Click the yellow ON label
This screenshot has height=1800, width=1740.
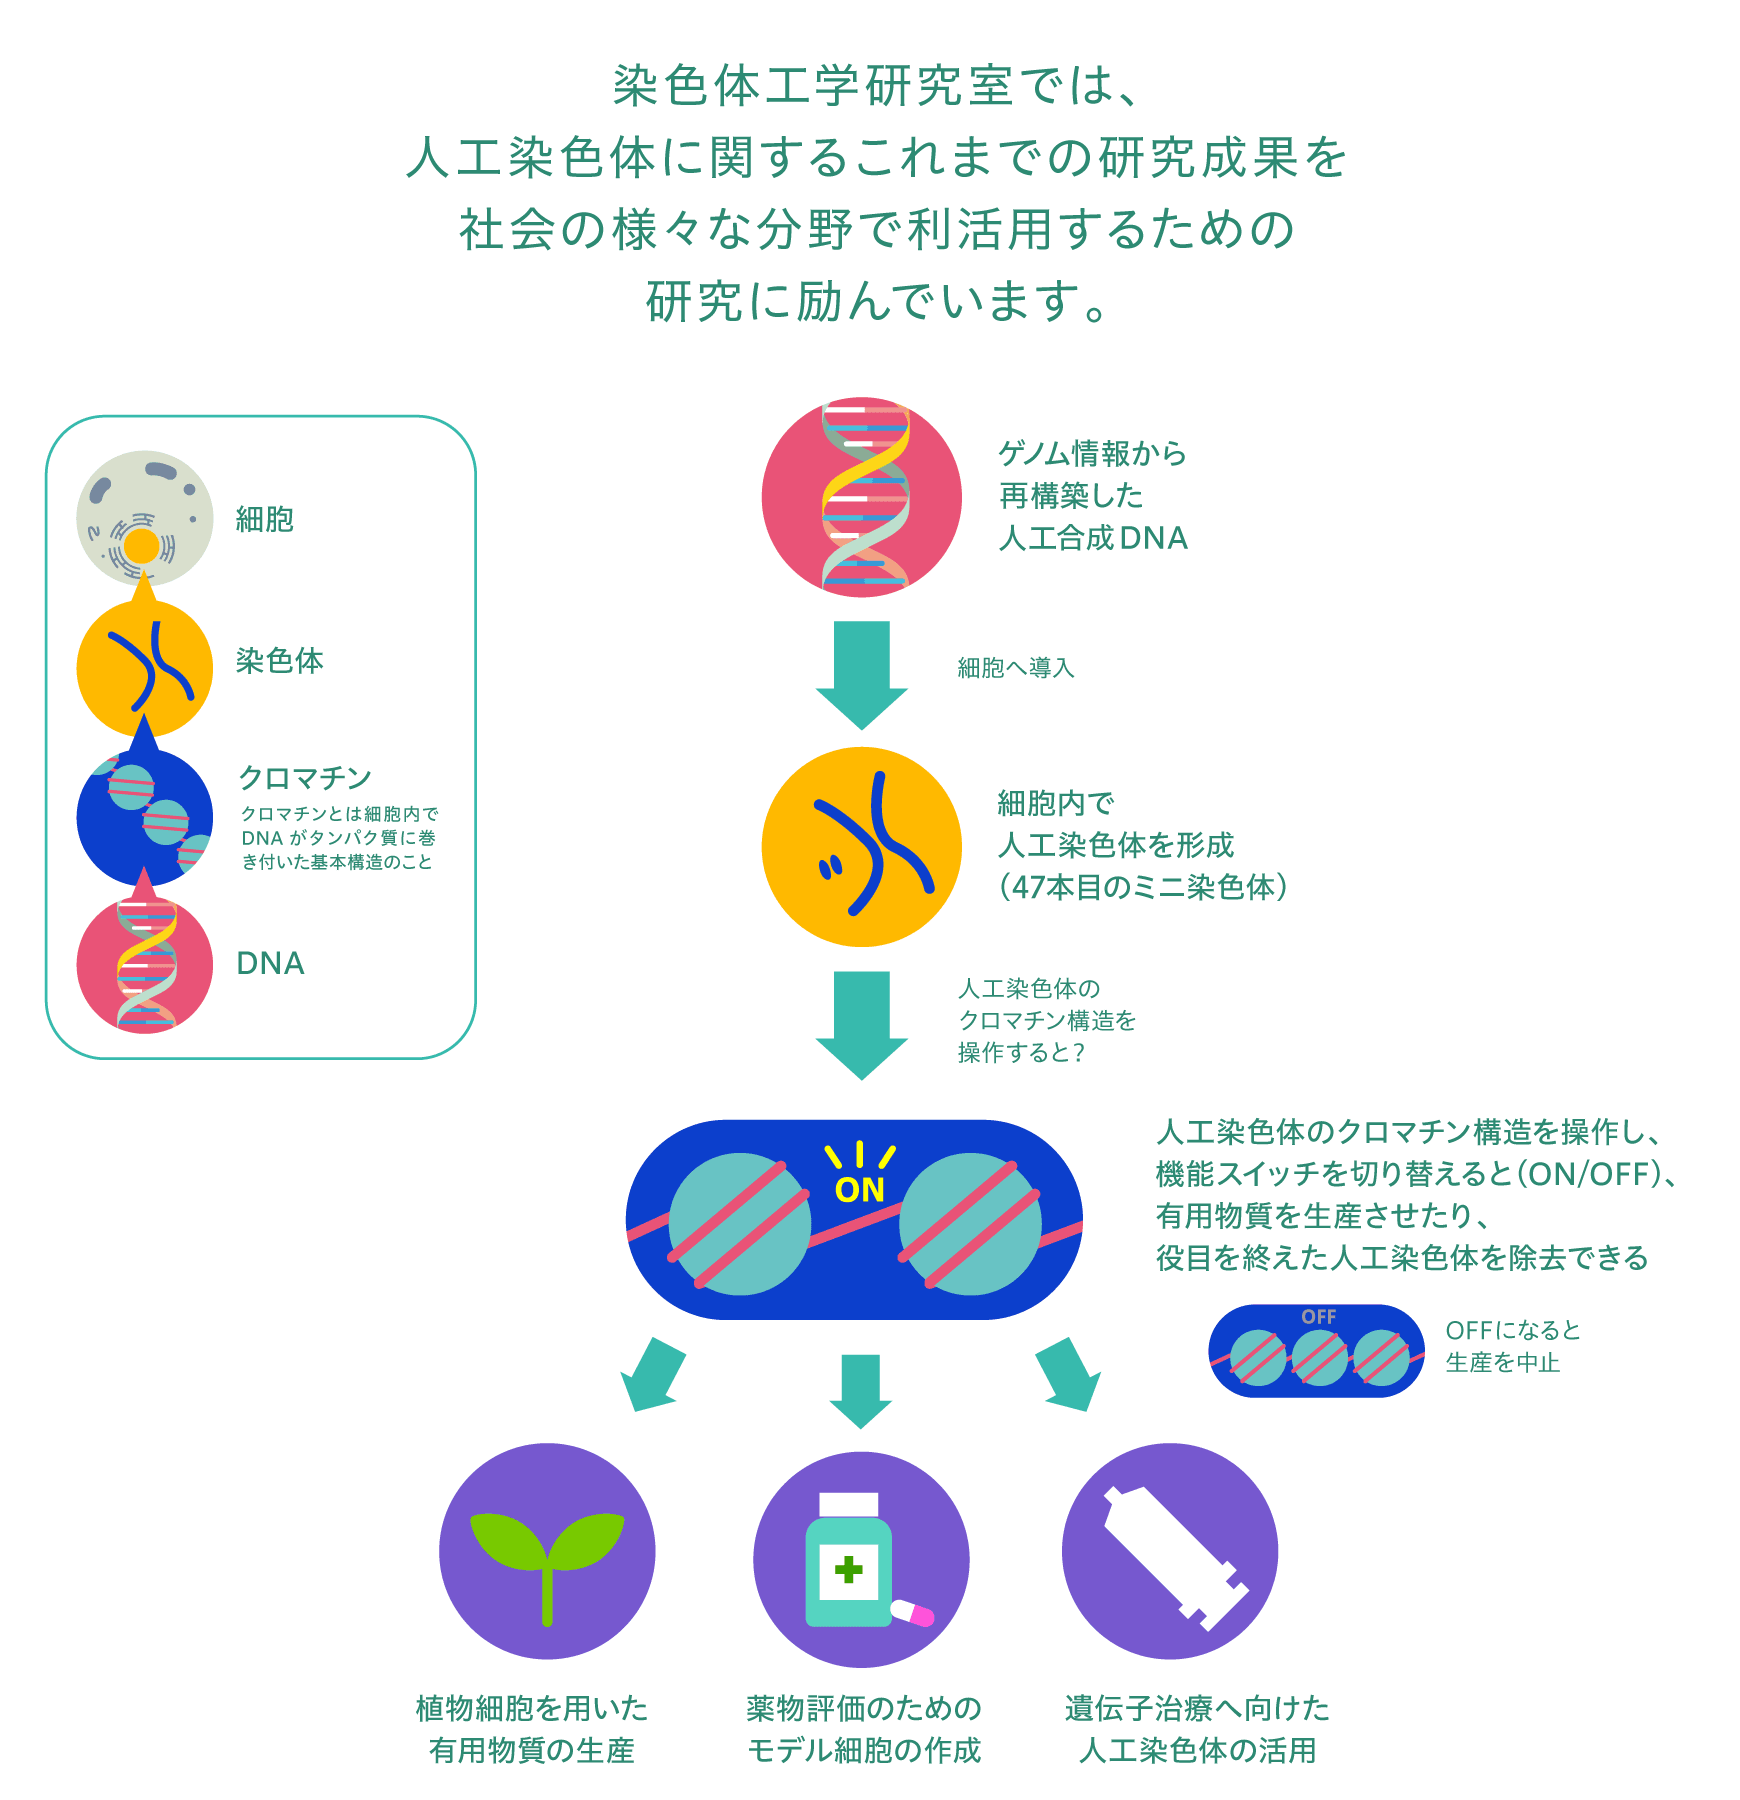(x=859, y=1189)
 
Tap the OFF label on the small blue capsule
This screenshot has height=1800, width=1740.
(x=1318, y=1317)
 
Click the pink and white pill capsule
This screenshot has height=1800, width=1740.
(x=911, y=1613)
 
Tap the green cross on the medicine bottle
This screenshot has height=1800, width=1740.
(x=848, y=1570)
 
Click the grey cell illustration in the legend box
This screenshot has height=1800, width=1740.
(x=144, y=517)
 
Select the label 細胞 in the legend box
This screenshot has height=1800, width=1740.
(x=264, y=519)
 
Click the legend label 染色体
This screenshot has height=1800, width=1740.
(x=279, y=660)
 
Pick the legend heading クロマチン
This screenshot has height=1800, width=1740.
(x=304, y=777)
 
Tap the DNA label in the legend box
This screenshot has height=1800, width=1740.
(x=270, y=963)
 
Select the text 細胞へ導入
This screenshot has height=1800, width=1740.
(x=1015, y=667)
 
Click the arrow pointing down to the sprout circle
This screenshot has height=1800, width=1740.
(x=652, y=1374)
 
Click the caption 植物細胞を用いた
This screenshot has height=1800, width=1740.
(x=531, y=1707)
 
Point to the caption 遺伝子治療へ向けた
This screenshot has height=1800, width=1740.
(x=1196, y=1707)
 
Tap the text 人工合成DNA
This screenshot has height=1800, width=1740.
(x=1093, y=538)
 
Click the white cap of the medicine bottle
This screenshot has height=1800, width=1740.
(x=848, y=1504)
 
